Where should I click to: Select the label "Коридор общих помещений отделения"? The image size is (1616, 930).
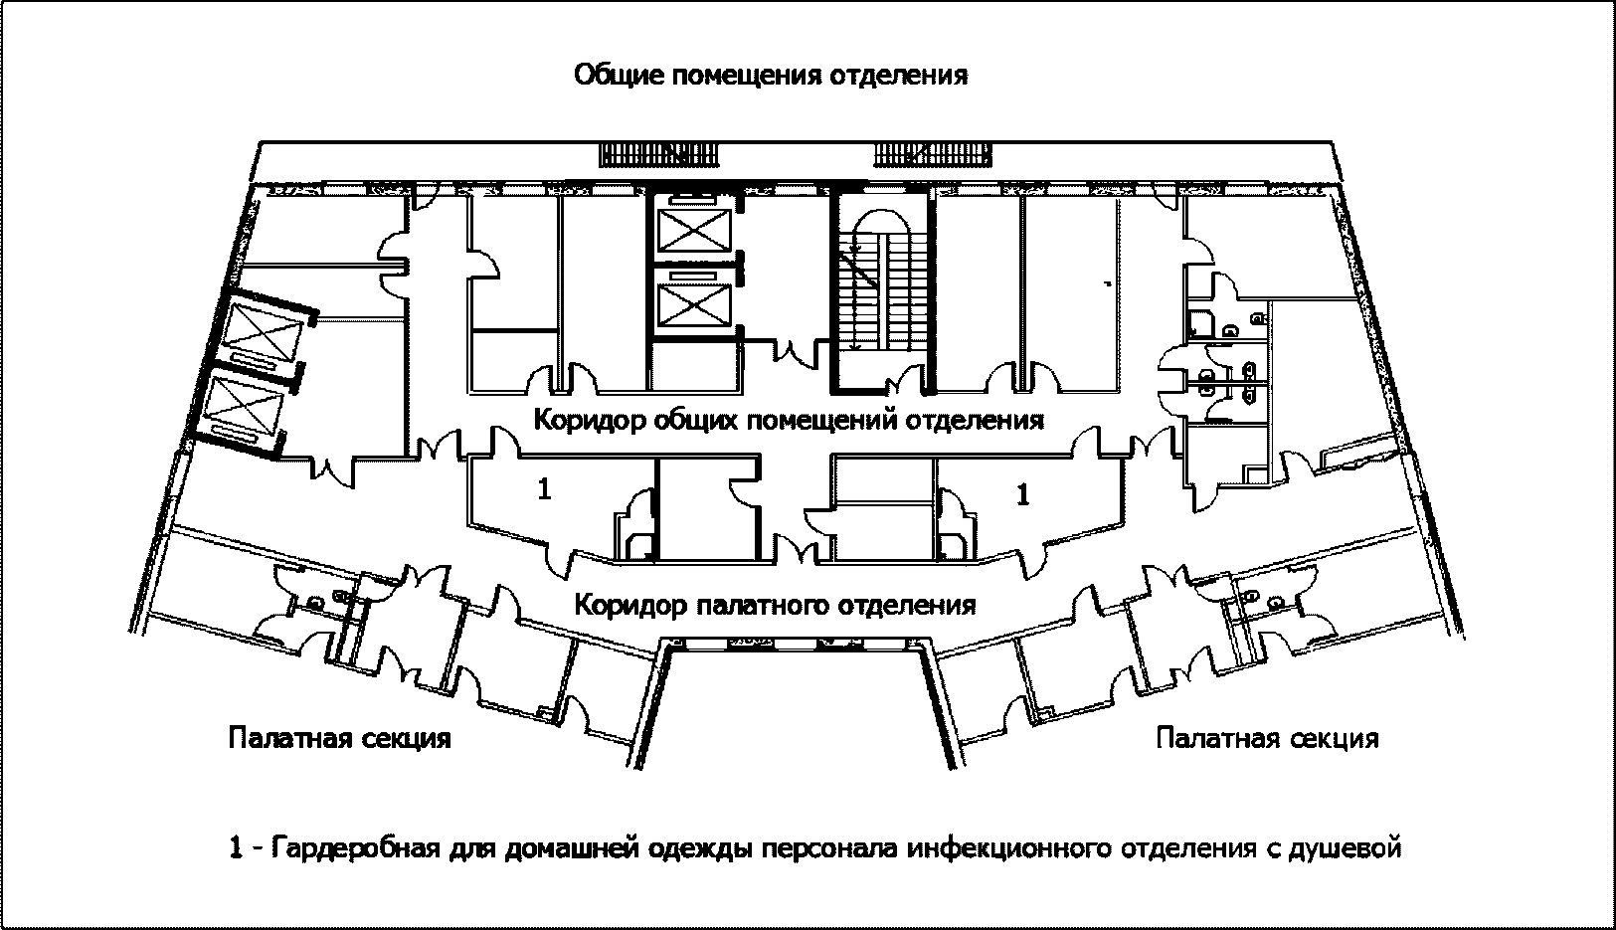click(789, 420)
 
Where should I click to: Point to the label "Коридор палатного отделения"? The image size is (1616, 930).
click(776, 605)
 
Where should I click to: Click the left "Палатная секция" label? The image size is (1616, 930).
click(340, 739)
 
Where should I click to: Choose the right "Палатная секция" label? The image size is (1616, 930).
click(1268, 739)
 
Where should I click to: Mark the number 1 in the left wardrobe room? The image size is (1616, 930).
click(544, 489)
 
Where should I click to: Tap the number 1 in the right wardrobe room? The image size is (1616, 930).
click(1022, 493)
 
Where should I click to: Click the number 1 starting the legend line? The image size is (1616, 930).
click(236, 849)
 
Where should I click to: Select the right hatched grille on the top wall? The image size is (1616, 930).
click(932, 155)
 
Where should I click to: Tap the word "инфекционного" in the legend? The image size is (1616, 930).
click(1010, 849)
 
